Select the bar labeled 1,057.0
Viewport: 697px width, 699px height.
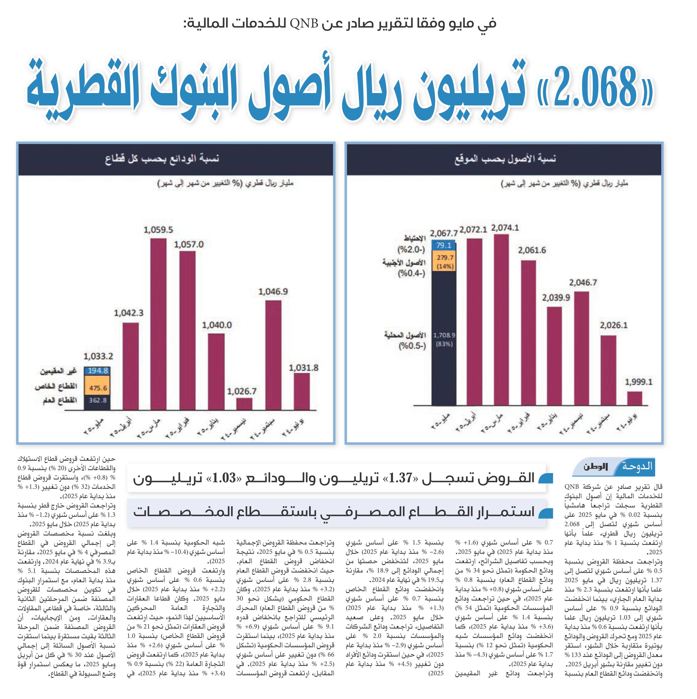coord(187,330)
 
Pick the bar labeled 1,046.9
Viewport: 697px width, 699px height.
coord(273,355)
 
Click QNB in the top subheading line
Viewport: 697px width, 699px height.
coord(304,24)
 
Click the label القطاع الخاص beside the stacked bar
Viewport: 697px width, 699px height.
coord(56,386)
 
